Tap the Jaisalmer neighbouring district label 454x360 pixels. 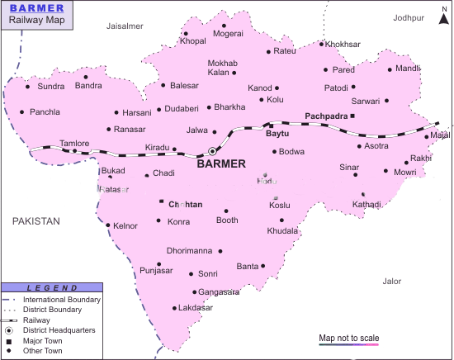coord(125,26)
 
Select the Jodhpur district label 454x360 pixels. coord(409,17)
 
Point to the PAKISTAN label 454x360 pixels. coord(35,221)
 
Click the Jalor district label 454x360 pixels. coord(392,282)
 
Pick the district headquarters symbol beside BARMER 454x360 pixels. coord(212,151)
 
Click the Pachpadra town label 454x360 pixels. coord(326,116)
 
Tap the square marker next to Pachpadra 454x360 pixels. coord(352,116)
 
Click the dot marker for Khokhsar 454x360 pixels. coord(322,44)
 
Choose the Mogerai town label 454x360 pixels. coord(228,34)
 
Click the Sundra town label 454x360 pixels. coord(51,86)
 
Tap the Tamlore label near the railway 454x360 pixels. coord(74,143)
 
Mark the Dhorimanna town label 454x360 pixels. coord(189,250)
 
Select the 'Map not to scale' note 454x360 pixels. coord(348,338)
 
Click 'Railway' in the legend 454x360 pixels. coord(37,320)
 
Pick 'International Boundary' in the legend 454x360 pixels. coord(62,299)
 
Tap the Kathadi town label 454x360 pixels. coord(367,204)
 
